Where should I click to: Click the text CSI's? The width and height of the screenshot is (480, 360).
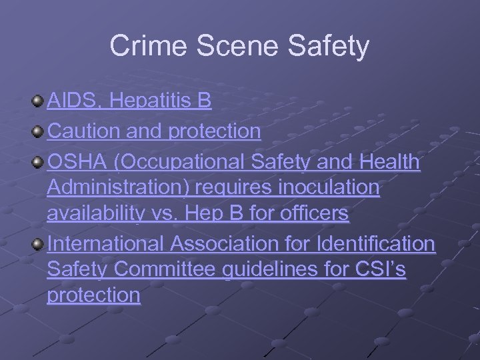380,270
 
